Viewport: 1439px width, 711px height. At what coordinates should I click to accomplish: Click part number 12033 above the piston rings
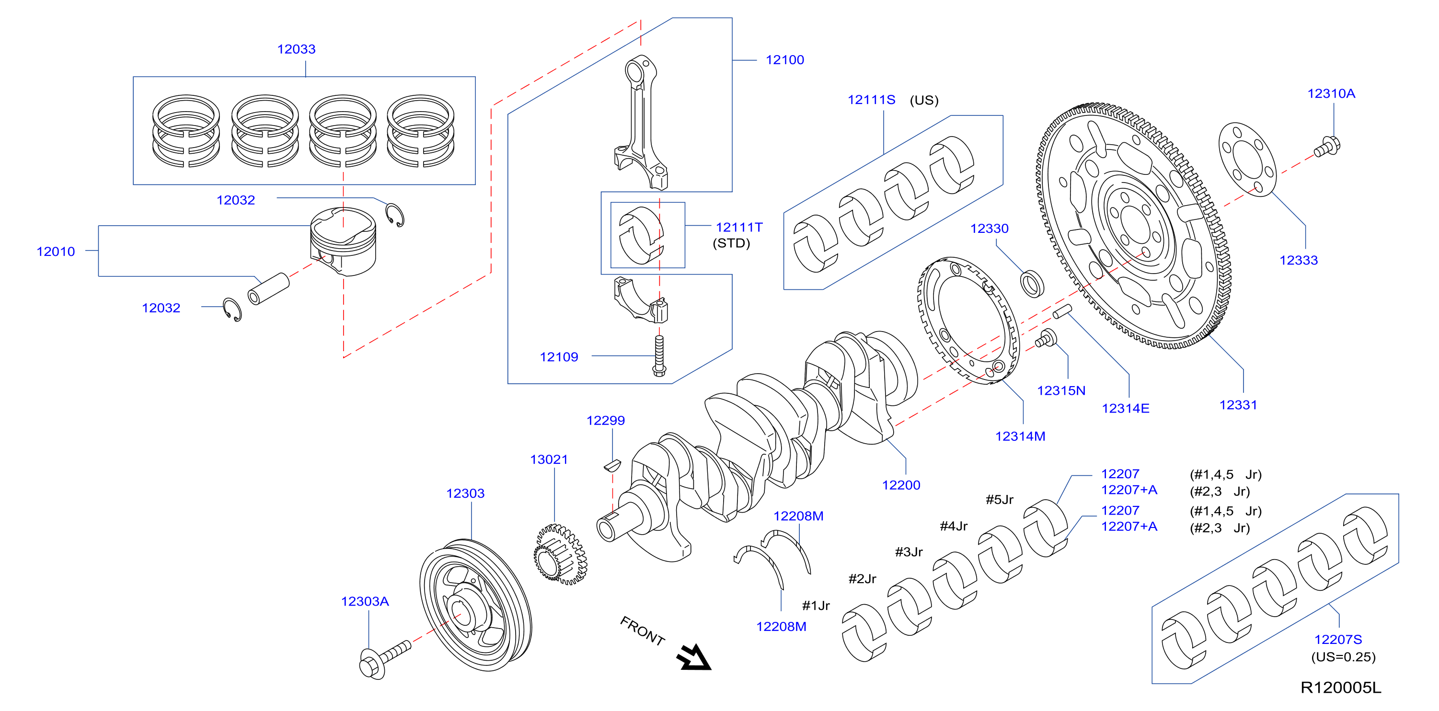(296, 49)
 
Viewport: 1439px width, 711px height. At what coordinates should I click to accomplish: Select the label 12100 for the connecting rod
(784, 60)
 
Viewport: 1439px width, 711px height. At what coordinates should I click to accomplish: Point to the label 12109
(559, 357)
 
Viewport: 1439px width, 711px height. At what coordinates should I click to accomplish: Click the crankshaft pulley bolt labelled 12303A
(385, 659)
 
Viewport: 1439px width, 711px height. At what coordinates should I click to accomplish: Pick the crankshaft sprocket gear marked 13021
(560, 554)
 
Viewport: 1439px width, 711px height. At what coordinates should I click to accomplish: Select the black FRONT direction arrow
(694, 657)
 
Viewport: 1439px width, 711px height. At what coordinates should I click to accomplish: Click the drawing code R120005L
(1341, 688)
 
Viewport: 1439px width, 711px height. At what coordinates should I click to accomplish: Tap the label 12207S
(1338, 640)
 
